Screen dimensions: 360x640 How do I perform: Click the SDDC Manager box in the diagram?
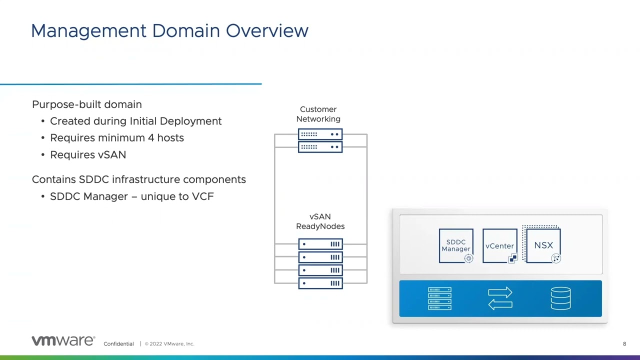click(455, 245)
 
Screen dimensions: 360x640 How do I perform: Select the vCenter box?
click(499, 245)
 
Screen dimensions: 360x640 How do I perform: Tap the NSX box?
click(543, 245)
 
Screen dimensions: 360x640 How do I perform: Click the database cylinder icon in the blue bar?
click(560, 298)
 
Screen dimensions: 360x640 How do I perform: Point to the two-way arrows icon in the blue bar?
click(500, 298)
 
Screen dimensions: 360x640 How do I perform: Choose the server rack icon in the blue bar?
click(440, 298)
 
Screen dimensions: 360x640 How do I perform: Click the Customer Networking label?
click(318, 114)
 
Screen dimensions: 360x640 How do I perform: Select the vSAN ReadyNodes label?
click(320, 221)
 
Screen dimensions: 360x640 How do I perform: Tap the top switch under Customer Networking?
click(320, 134)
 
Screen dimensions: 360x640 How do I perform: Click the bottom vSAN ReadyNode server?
click(320, 283)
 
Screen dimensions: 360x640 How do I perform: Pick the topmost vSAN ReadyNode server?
click(320, 244)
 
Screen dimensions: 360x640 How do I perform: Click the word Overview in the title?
click(267, 30)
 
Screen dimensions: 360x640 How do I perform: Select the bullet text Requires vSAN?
click(88, 155)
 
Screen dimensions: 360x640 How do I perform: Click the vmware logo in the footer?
click(63, 341)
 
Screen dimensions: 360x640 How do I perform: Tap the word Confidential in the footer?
click(118, 344)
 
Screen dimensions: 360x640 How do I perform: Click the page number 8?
click(624, 344)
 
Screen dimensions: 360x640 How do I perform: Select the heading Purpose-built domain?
click(87, 104)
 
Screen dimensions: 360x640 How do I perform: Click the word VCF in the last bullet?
click(202, 196)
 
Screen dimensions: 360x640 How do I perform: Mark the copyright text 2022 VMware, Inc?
click(171, 344)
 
